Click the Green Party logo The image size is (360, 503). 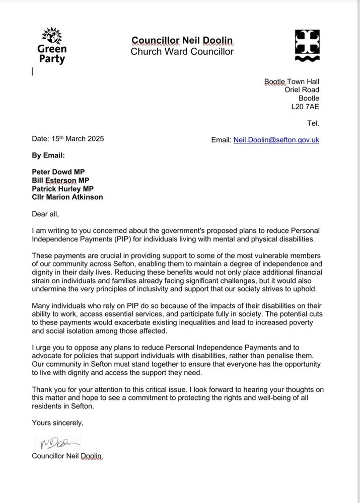coord(51,46)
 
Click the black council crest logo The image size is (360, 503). coord(306,46)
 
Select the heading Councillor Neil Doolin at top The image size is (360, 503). coord(182,40)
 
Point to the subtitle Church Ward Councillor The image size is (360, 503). coord(182,51)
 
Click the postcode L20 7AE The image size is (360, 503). coord(305,107)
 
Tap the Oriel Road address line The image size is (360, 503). coord(302,90)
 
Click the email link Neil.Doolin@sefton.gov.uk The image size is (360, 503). coord(276,140)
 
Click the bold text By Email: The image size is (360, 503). coord(48,155)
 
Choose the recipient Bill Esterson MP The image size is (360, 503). coord(60,180)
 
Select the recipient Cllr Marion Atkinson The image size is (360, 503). coord(67,197)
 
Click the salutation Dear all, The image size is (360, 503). coord(45,214)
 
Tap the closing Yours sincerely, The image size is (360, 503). coord(57,423)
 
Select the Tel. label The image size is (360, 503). coord(313,123)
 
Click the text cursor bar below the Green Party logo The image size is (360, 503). coord(32,72)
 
